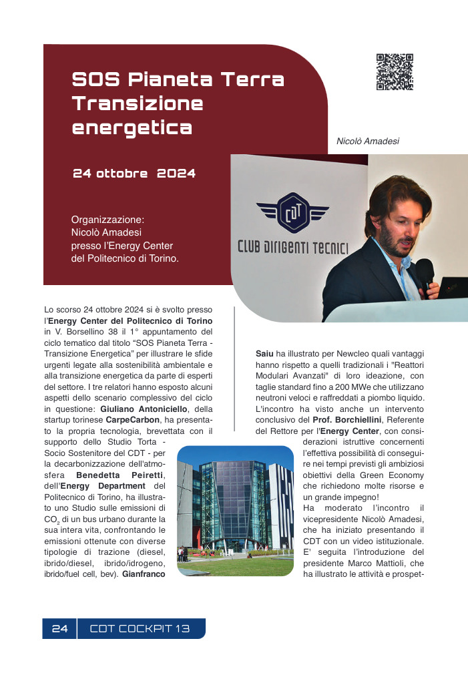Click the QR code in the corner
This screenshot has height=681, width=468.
(395, 72)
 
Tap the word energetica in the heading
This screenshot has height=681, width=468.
(132, 127)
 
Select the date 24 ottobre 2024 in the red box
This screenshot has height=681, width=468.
(134, 174)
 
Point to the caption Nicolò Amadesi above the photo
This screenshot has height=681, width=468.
(368, 142)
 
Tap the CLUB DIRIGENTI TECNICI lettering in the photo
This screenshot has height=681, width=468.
(293, 247)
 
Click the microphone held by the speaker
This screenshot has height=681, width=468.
(424, 274)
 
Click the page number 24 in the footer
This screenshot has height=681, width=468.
(60, 629)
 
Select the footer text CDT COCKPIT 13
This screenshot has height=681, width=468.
(140, 629)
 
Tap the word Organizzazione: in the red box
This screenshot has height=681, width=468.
(107, 219)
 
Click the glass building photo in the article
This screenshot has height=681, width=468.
(235, 511)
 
